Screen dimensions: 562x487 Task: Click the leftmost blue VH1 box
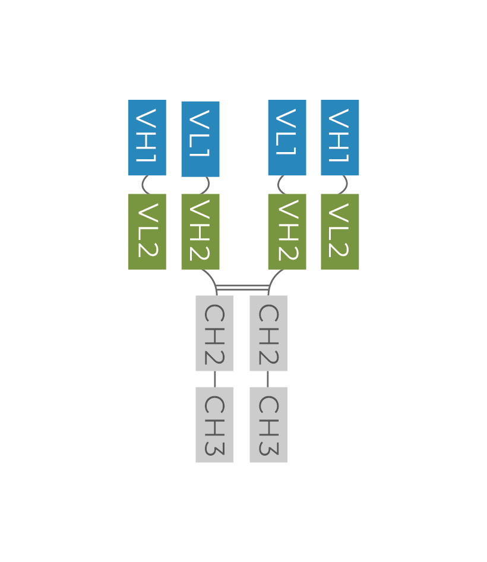click(147, 138)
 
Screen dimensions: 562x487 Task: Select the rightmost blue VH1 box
click(340, 138)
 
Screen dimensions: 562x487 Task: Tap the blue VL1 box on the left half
click(200, 139)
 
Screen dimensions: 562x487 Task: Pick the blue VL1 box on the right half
click(287, 138)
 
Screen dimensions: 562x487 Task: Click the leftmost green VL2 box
click(147, 232)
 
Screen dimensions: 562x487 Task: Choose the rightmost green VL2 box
click(340, 232)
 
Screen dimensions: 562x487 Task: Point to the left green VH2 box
click(200, 232)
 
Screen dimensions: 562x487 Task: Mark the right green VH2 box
click(287, 232)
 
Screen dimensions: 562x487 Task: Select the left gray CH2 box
click(214, 333)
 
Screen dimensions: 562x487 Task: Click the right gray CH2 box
click(268, 333)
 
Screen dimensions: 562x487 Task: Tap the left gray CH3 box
click(214, 425)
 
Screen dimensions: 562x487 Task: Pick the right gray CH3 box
click(268, 425)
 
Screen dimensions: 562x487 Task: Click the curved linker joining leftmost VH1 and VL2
click(143, 185)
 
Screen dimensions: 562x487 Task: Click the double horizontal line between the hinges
click(242, 288)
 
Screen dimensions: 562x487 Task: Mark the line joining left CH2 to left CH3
click(214, 379)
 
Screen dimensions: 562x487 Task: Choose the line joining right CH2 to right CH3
click(268, 379)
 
